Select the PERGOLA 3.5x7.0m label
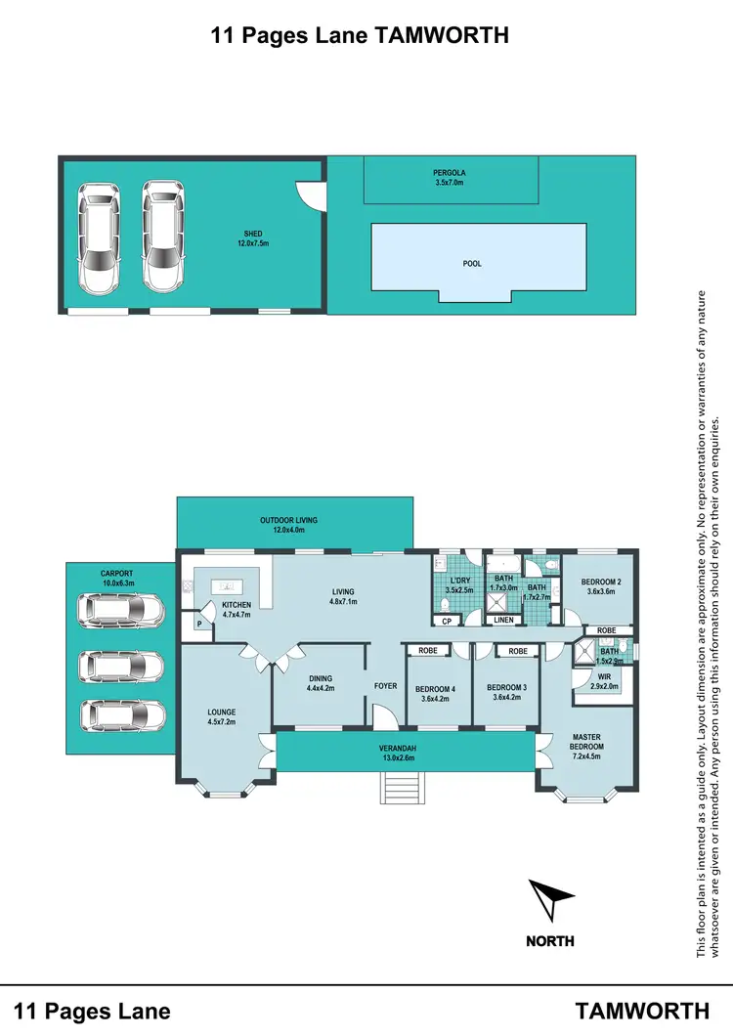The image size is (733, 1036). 450,178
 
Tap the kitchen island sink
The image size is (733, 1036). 228,586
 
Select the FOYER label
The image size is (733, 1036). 386,686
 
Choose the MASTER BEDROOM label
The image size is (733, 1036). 587,740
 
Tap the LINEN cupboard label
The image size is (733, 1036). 503,620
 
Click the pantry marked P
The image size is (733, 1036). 200,624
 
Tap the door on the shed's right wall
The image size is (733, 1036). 313,196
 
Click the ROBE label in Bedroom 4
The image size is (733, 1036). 427,651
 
